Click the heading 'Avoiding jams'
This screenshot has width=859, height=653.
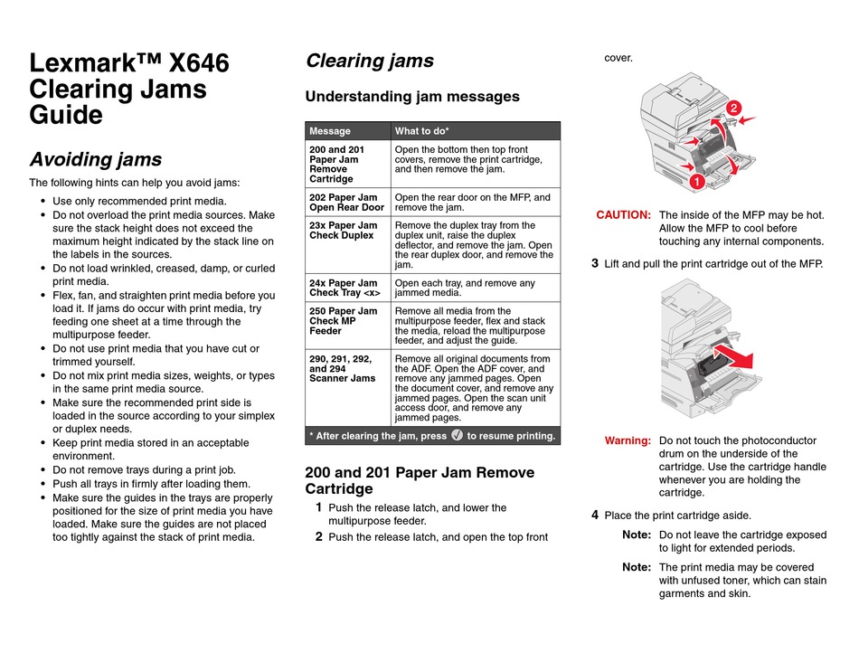point(96,160)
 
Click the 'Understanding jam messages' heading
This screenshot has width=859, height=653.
point(412,97)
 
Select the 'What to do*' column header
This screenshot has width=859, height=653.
point(421,131)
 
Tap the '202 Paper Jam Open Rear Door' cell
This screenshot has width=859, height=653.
point(347,203)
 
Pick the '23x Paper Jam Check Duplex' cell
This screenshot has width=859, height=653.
point(344,231)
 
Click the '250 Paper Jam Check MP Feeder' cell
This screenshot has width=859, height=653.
point(344,321)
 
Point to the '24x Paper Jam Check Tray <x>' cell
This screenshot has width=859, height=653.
point(345,289)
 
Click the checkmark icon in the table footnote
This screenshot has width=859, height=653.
point(457,435)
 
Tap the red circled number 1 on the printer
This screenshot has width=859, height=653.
point(698,183)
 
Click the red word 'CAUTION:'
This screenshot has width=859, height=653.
point(623,215)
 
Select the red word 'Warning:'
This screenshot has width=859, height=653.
point(628,440)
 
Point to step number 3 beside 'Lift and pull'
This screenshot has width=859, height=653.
point(595,264)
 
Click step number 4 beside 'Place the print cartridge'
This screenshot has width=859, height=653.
point(595,516)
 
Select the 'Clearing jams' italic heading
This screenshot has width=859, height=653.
point(370,61)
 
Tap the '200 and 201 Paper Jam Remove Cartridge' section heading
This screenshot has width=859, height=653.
point(420,480)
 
